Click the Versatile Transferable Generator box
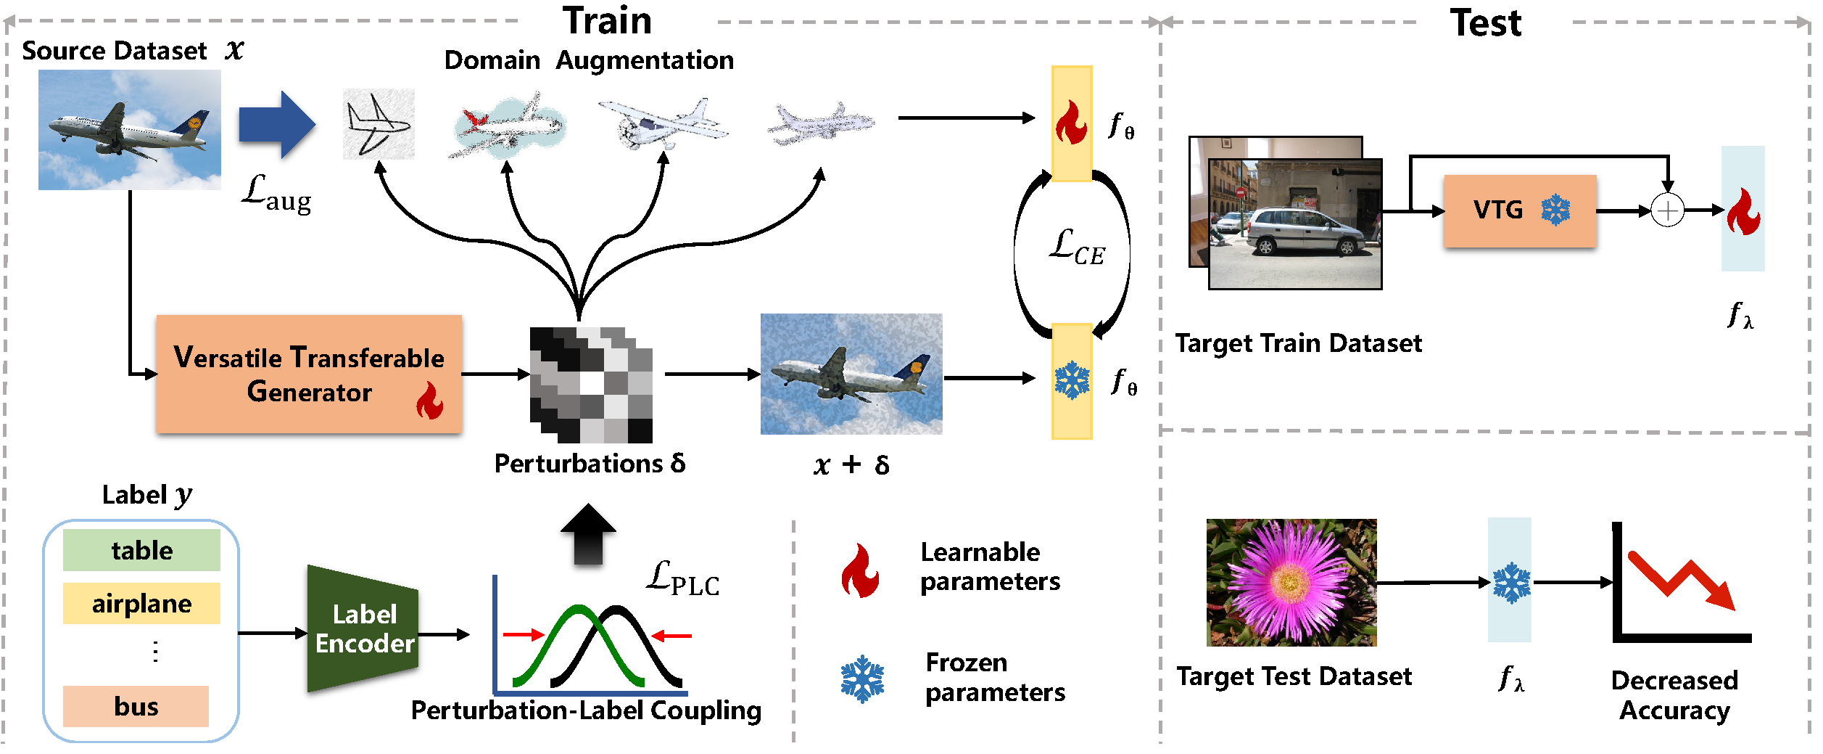pyautogui.click(x=309, y=374)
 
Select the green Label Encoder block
pyautogui.click(x=363, y=629)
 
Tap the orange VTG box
pyautogui.click(x=1520, y=210)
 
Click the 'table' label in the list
pyautogui.click(x=141, y=550)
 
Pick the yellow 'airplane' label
pyautogui.click(x=141, y=603)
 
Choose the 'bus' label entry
pyautogui.click(x=136, y=706)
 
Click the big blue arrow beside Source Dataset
pyautogui.click(x=276, y=125)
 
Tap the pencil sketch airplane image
pyautogui.click(x=378, y=124)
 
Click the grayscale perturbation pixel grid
pyautogui.click(x=591, y=385)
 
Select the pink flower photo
pyautogui.click(x=1291, y=582)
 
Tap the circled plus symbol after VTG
pyautogui.click(x=1667, y=210)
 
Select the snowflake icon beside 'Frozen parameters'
pyautogui.click(x=862, y=679)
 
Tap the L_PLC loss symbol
pyautogui.click(x=682, y=579)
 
